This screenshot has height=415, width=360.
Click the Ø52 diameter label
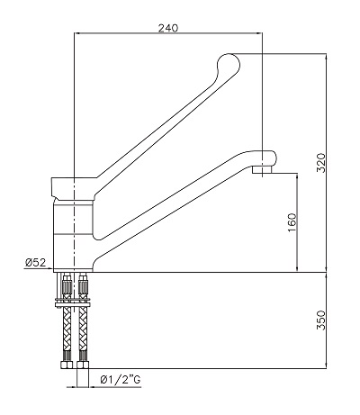pyautogui.click(x=35, y=263)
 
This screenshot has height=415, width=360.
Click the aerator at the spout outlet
pyautogui.click(x=263, y=168)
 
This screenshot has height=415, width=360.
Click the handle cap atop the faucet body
pyautogui.click(x=72, y=186)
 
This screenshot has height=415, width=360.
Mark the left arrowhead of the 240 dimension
pyautogui.click(x=75, y=34)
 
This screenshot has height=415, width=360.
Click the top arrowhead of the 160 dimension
pyautogui.click(x=299, y=176)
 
